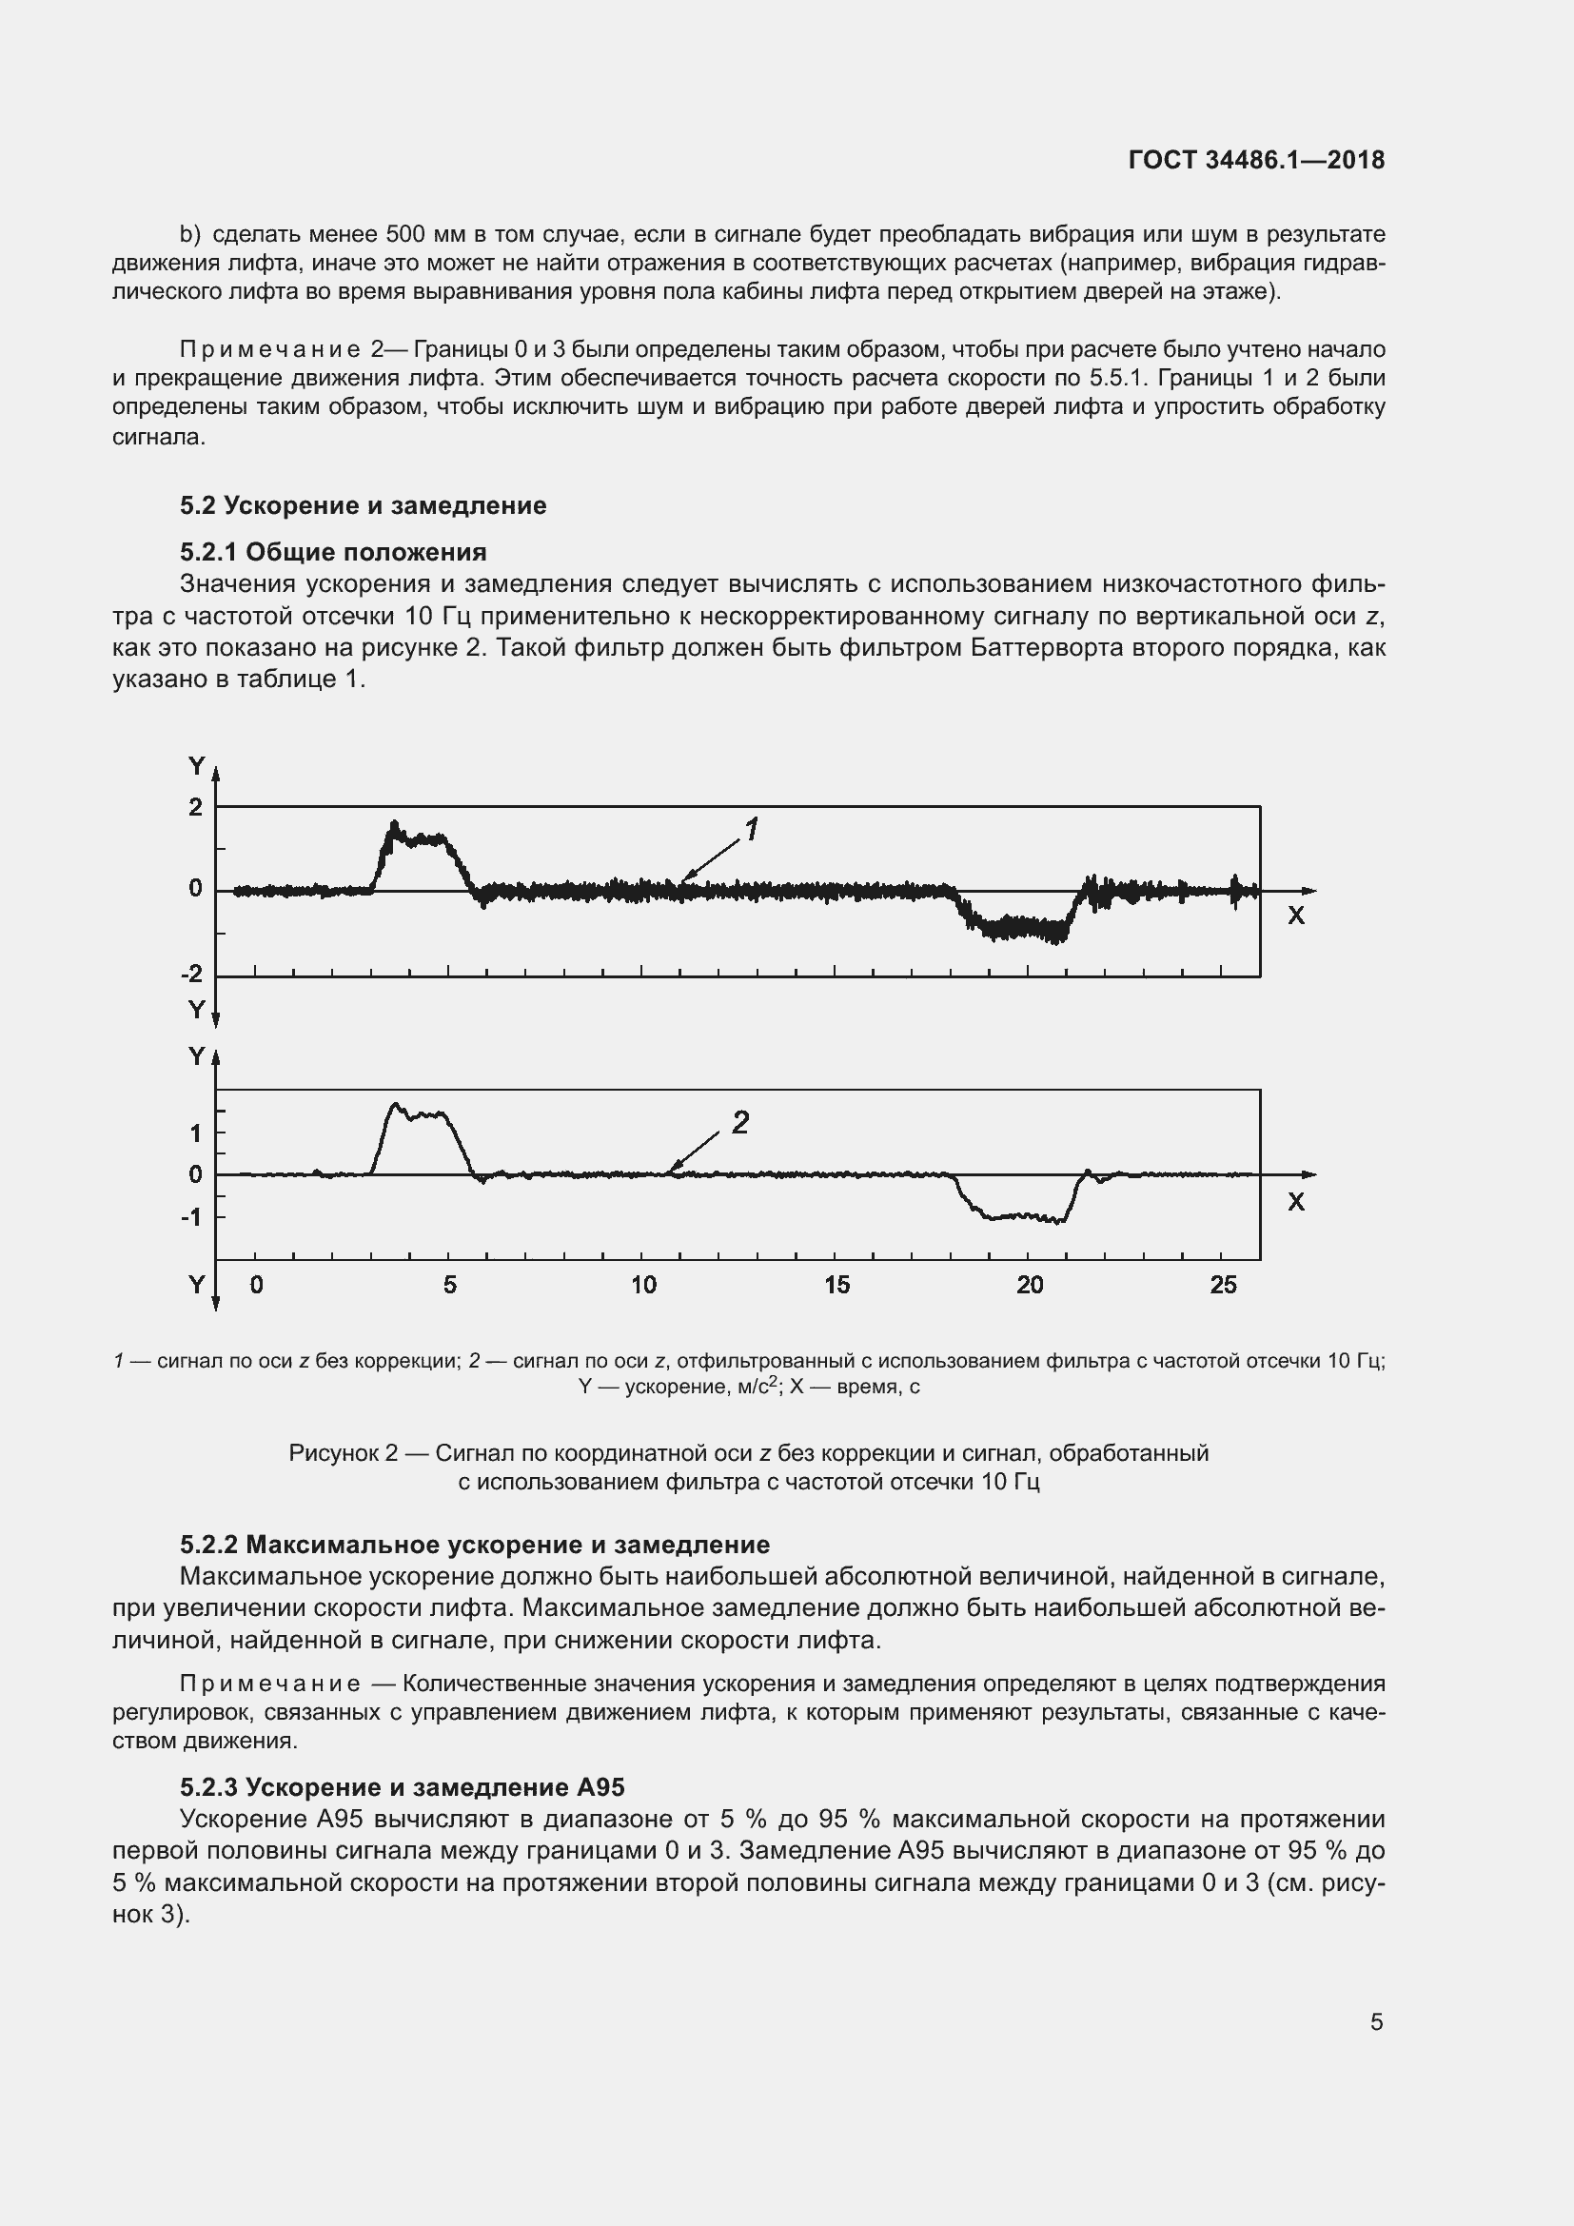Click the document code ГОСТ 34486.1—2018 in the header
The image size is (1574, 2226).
coord(1256,160)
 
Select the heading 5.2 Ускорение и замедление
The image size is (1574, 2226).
coord(363,505)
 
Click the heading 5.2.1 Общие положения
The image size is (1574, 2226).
coord(332,552)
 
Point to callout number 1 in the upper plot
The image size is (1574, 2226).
coord(751,829)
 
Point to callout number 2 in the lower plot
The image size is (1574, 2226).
coord(740,1123)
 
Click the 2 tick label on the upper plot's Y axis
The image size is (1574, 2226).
coord(196,807)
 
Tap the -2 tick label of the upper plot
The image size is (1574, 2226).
coord(193,975)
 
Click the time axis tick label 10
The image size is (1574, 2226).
coord(643,1285)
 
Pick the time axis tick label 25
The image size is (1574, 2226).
coord(1223,1285)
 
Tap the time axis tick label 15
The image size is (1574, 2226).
coord(836,1285)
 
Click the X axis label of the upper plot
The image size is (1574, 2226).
coord(1296,916)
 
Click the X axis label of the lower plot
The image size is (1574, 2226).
coord(1296,1202)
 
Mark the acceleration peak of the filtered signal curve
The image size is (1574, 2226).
coord(395,1104)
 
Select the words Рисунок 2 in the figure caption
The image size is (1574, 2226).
coord(344,1453)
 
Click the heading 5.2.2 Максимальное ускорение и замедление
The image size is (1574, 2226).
coord(475,1545)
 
